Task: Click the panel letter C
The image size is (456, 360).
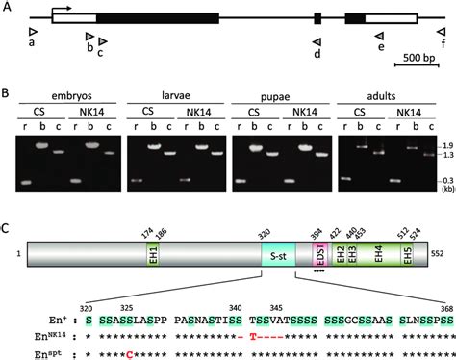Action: [x=7, y=228]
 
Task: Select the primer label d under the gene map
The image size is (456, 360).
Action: [x=317, y=54]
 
